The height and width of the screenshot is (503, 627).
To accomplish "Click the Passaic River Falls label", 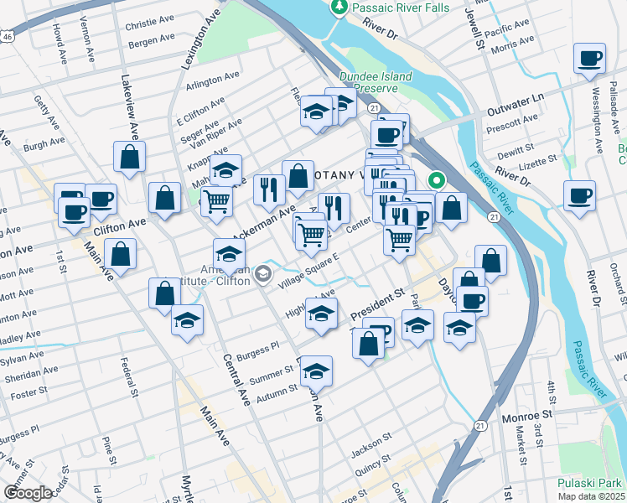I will (402, 8).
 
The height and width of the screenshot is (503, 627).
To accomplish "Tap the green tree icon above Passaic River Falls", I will (339, 8).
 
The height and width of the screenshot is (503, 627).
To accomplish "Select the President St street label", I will (377, 303).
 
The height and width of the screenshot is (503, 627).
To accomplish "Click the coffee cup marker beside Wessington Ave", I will (589, 59).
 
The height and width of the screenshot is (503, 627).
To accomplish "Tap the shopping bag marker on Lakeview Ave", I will (130, 156).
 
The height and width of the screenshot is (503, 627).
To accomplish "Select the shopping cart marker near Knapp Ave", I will (217, 201).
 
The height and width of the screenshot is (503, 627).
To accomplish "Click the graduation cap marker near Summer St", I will (316, 370).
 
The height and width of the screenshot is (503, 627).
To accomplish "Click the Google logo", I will (27, 493).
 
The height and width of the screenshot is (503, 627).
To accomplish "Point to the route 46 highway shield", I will (7, 38).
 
